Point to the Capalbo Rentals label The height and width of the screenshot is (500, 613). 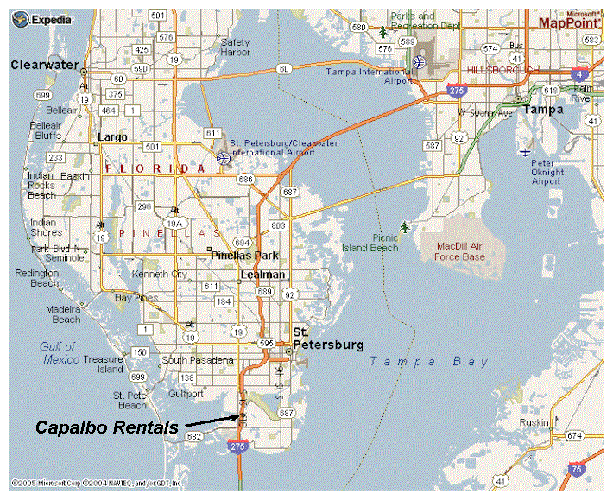point(107,427)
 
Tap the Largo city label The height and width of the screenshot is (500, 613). point(113,137)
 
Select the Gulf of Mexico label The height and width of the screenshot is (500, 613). point(59,352)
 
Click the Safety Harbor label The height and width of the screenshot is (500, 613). point(235,47)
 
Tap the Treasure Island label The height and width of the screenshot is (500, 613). point(104,364)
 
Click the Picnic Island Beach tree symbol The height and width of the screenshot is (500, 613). point(405,227)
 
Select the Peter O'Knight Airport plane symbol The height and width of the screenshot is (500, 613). point(525,153)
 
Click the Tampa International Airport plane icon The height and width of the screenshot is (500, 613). point(419,62)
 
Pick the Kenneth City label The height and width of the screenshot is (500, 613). point(159,275)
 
